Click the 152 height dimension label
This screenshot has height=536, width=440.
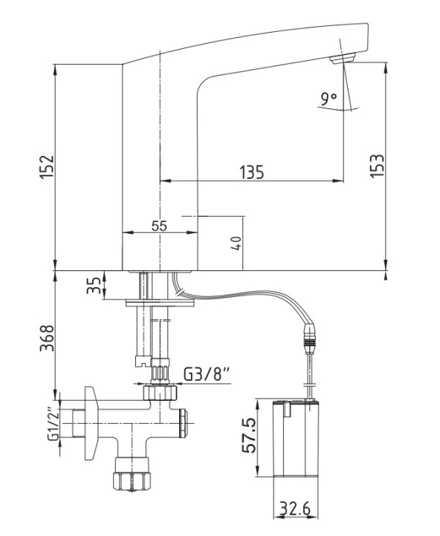(x=47, y=167)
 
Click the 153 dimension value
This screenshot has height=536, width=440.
(x=377, y=166)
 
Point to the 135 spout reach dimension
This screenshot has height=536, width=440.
(x=252, y=172)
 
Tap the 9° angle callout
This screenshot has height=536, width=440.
(x=329, y=99)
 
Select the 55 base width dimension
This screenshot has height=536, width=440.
(x=159, y=226)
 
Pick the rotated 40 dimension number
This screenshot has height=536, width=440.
(x=236, y=243)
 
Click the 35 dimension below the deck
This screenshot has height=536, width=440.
(x=94, y=285)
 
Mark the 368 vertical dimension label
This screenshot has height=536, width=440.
(x=47, y=338)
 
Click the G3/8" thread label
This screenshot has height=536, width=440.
(x=207, y=374)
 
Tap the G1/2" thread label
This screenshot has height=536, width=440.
(x=54, y=424)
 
